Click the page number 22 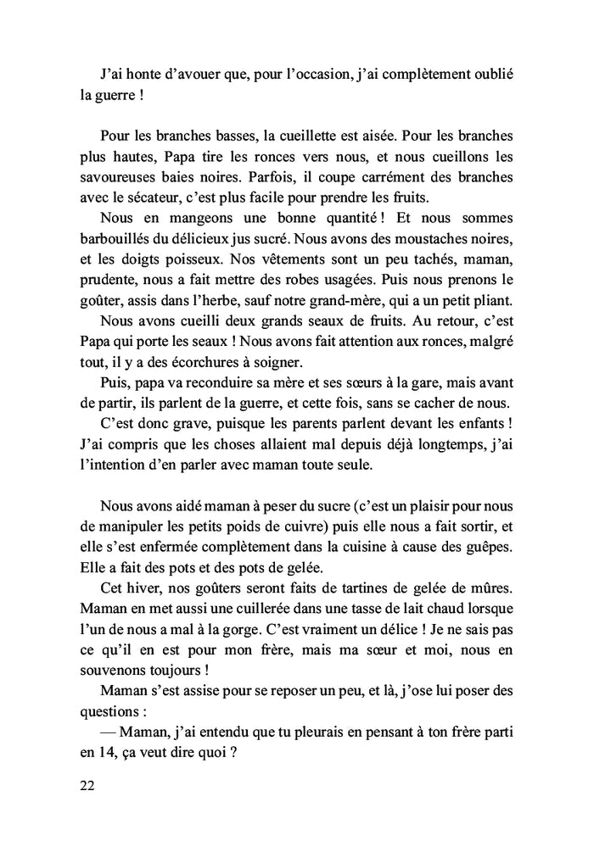pyautogui.click(x=87, y=785)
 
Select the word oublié pyautogui.click(x=491, y=74)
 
